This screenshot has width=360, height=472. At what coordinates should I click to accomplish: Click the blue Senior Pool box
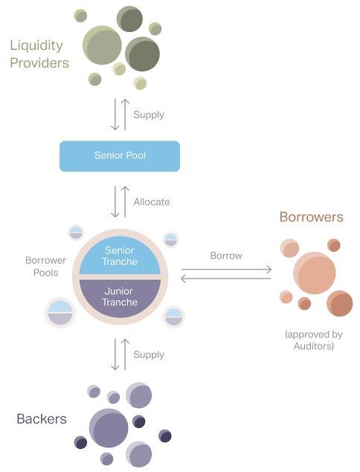pyautogui.click(x=120, y=156)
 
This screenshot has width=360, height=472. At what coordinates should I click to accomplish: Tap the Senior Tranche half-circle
pyautogui.click(x=120, y=255)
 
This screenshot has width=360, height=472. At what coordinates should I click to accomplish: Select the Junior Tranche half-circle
pyautogui.click(x=120, y=298)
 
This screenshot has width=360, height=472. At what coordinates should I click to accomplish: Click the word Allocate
pyautogui.click(x=152, y=202)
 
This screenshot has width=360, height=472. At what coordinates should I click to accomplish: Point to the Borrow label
pyautogui.click(x=226, y=255)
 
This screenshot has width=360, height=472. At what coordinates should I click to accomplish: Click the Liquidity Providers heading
pyautogui.click(x=39, y=54)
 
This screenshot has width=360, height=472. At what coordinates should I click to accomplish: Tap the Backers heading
pyautogui.click(x=42, y=418)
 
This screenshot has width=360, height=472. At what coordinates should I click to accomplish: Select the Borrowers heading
pyautogui.click(x=311, y=217)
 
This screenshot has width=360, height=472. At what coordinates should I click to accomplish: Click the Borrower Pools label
pyautogui.click(x=45, y=267)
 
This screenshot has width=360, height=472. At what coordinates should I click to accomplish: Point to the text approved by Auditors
pyautogui.click(x=314, y=340)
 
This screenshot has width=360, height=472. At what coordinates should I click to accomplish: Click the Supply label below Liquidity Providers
pyautogui.click(x=149, y=115)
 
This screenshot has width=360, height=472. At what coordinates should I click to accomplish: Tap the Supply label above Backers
pyautogui.click(x=149, y=355)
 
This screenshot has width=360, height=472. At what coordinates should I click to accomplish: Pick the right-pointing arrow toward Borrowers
pyautogui.click(x=226, y=270)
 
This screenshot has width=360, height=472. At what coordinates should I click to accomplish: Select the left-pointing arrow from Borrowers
pyautogui.click(x=226, y=278)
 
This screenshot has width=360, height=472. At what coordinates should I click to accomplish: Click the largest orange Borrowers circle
pyautogui.click(x=315, y=273)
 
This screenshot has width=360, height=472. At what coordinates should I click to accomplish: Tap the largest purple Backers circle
pyautogui.click(x=109, y=428)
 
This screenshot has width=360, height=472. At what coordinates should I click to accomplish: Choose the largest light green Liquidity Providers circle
pyautogui.click(x=102, y=45)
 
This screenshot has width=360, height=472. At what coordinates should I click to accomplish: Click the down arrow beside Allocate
pyautogui.click(x=115, y=202)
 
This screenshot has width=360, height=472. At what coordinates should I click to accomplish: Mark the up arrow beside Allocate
pyautogui.click(x=125, y=202)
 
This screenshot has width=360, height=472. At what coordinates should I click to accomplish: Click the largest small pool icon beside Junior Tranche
pyautogui.click(x=60, y=313)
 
